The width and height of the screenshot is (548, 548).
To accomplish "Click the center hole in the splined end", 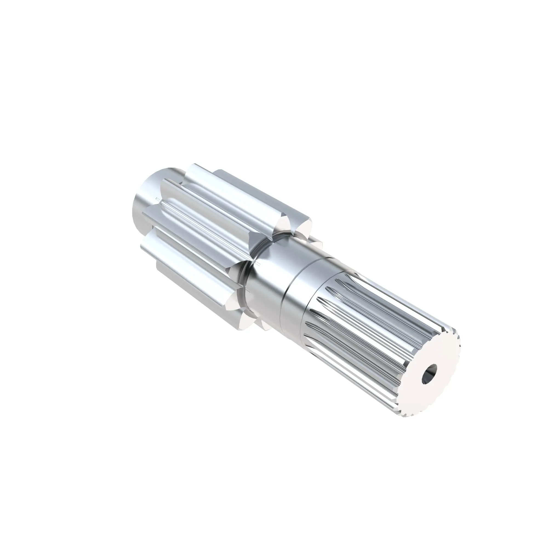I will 429,378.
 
